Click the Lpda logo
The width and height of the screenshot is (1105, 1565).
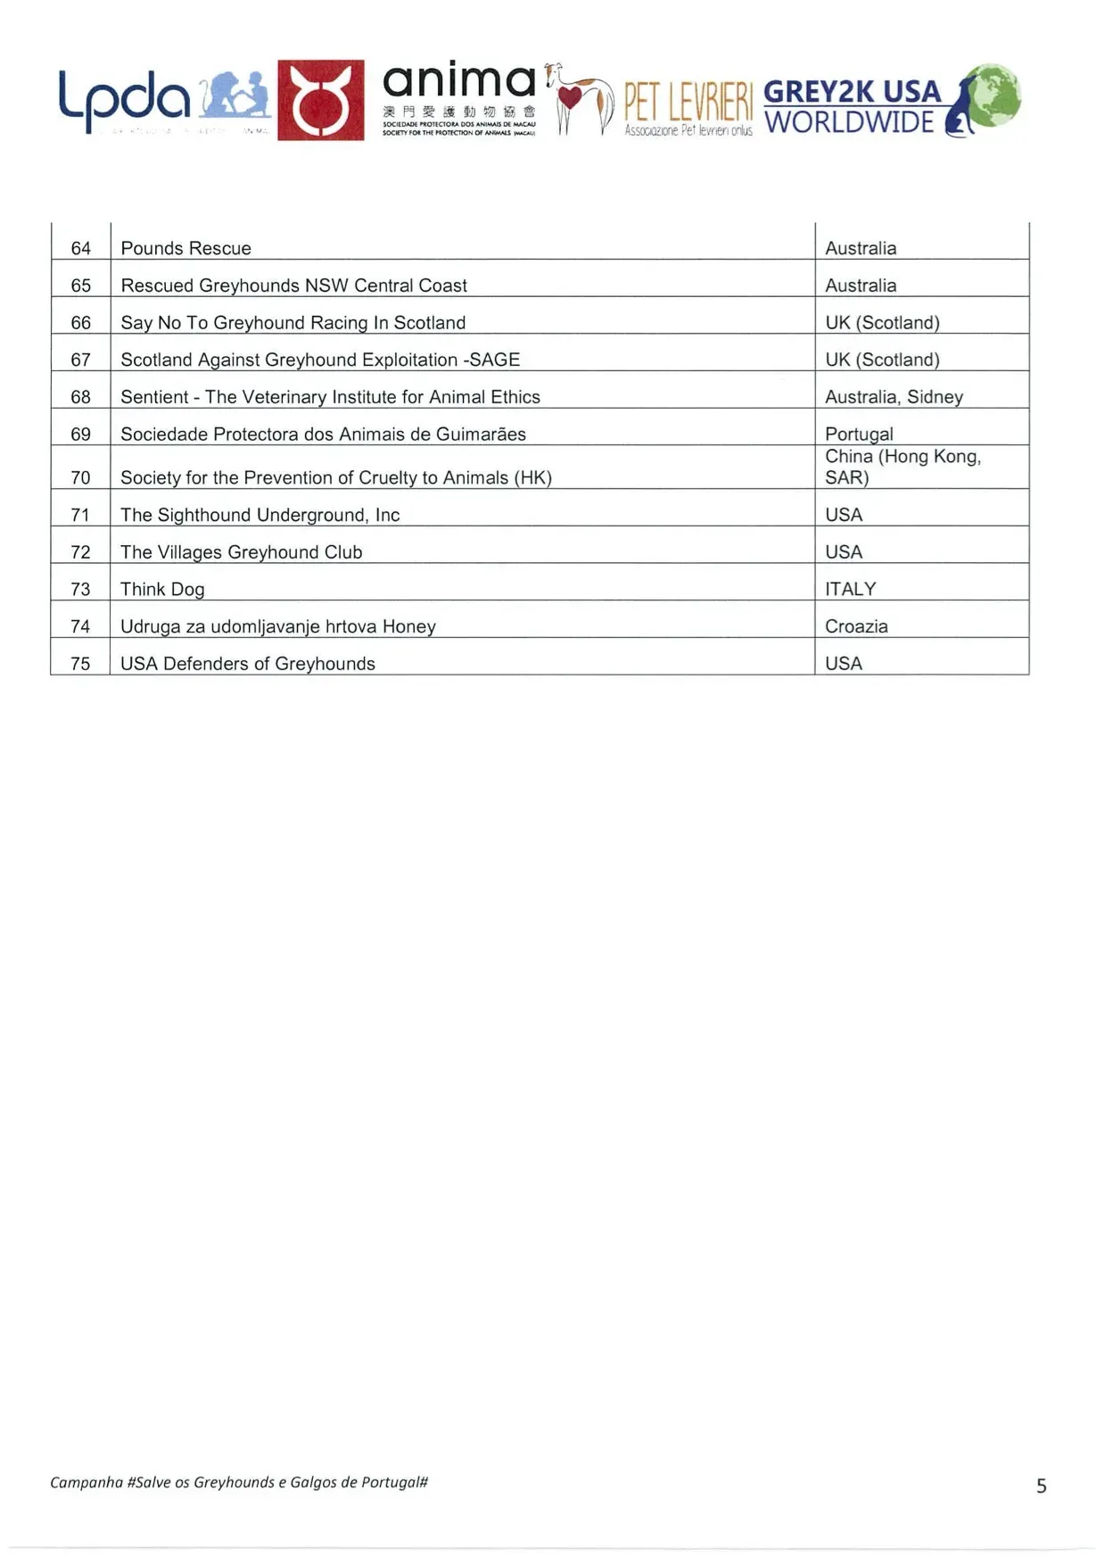click(x=125, y=98)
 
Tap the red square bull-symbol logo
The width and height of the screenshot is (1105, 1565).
click(x=320, y=100)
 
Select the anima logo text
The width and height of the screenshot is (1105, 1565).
click(x=458, y=82)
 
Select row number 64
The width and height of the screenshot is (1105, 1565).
click(x=80, y=248)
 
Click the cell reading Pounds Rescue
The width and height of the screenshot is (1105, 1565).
click(x=186, y=248)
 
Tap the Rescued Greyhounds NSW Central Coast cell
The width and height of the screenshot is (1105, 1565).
click(x=293, y=286)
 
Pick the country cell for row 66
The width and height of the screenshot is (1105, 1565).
click(x=882, y=323)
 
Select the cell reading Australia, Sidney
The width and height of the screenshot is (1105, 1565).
click(x=894, y=397)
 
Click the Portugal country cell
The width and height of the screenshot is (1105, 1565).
click(x=858, y=435)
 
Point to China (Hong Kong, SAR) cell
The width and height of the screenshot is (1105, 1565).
click(x=903, y=467)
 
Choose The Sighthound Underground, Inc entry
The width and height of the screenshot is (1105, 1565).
click(x=260, y=515)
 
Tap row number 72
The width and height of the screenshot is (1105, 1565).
click(x=80, y=552)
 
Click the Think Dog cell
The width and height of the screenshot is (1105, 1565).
click(x=162, y=590)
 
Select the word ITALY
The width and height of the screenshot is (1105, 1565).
click(x=850, y=590)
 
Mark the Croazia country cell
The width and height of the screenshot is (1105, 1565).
click(x=856, y=626)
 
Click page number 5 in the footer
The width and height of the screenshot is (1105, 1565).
click(x=1041, y=1486)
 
